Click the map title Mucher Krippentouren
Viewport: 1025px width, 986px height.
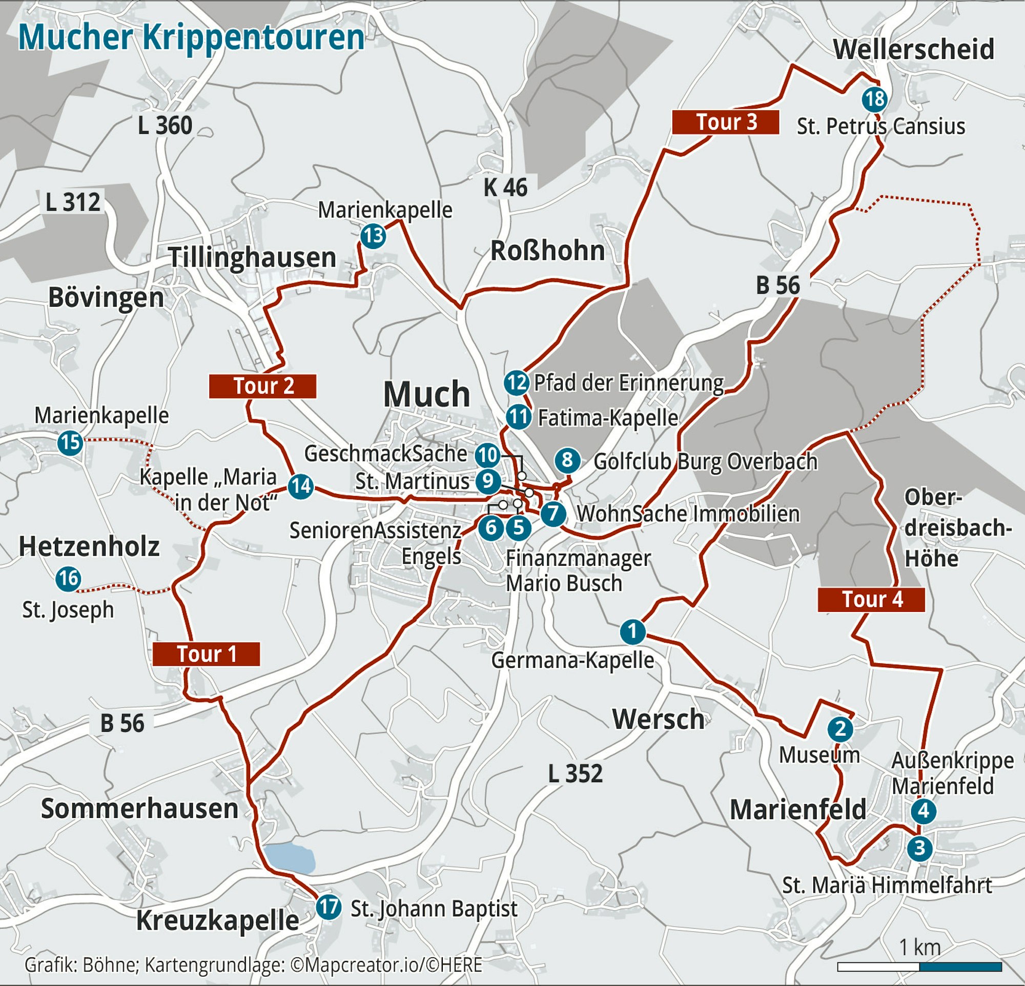[x=191, y=37]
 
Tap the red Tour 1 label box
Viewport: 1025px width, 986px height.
[x=206, y=654]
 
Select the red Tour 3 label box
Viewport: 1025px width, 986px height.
[x=725, y=122]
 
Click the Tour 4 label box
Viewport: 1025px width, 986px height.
[x=871, y=600]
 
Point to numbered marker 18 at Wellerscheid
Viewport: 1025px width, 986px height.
[x=874, y=99]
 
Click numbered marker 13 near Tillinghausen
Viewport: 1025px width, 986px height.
[x=373, y=236]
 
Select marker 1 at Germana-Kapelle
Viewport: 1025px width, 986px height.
[x=632, y=631]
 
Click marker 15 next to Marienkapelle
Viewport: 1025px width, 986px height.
[x=70, y=443]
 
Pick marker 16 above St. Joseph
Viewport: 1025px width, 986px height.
[x=68, y=579]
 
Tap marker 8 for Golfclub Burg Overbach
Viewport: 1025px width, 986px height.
[x=567, y=460]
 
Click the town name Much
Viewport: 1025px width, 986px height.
[x=427, y=394]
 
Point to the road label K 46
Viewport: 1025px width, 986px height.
[x=505, y=188]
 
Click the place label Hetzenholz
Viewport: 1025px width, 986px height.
[x=89, y=547]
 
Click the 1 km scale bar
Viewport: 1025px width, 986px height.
[x=919, y=967]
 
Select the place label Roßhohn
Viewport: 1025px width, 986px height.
[x=547, y=251]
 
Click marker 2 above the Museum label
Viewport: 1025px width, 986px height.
[x=840, y=729]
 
